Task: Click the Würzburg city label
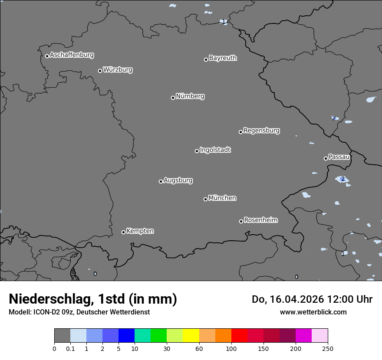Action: [x=118, y=70]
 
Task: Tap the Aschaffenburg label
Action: [x=72, y=55]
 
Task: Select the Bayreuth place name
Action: [x=223, y=58]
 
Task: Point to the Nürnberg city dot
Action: [x=173, y=98]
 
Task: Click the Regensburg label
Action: [x=261, y=131]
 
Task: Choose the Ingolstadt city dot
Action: [x=197, y=151]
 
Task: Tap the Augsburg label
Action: [x=178, y=180]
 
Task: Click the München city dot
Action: [x=205, y=199]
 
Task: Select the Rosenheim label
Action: [x=260, y=220]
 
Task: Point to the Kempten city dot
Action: [x=123, y=232]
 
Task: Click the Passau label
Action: [x=339, y=157]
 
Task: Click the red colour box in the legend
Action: [x=239, y=336]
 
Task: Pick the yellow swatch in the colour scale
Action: [x=191, y=336]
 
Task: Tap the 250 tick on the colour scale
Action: [x=328, y=348]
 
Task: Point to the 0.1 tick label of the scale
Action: [x=70, y=348]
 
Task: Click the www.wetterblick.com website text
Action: [x=313, y=312]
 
